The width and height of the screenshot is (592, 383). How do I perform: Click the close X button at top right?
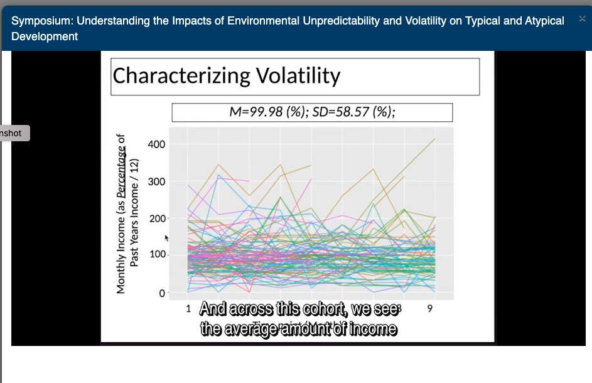(x=582, y=19)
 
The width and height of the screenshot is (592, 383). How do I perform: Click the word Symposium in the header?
(x=41, y=21)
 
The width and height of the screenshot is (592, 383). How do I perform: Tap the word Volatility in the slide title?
(x=298, y=76)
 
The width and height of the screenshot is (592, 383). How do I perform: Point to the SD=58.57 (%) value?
(x=355, y=112)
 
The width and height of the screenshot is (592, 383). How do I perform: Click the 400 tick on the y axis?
(x=156, y=144)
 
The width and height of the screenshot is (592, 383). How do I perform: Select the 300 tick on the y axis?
(x=156, y=181)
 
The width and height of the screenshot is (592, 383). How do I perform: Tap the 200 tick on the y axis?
(x=156, y=218)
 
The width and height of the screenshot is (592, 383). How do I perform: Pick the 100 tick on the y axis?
(x=156, y=256)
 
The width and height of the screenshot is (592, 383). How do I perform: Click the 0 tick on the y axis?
(x=161, y=293)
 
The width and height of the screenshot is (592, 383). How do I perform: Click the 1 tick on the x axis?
(x=188, y=308)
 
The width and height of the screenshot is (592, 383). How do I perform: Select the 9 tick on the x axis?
(x=431, y=308)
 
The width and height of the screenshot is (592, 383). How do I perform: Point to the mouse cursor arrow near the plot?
(x=166, y=238)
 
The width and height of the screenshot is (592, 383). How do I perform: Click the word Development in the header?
(x=45, y=36)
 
